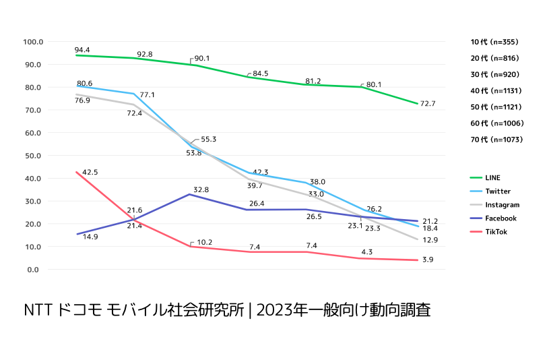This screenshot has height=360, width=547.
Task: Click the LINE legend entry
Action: point(492,178)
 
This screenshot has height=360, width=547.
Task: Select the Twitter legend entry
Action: point(497,191)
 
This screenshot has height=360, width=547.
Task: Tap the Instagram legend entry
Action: point(502,205)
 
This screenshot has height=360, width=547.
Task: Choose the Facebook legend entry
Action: point(501,218)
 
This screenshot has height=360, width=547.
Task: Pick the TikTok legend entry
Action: point(496,232)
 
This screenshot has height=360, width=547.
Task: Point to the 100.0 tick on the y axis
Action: point(32,42)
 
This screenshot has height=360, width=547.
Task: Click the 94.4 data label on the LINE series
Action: point(82,50)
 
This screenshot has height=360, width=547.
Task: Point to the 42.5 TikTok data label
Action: point(90,173)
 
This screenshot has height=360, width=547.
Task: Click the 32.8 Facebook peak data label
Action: point(201,190)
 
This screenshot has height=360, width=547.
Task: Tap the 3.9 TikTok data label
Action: point(428,260)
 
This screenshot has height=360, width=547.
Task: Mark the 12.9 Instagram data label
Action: point(430,241)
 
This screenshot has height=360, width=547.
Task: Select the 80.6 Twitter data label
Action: point(84,83)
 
